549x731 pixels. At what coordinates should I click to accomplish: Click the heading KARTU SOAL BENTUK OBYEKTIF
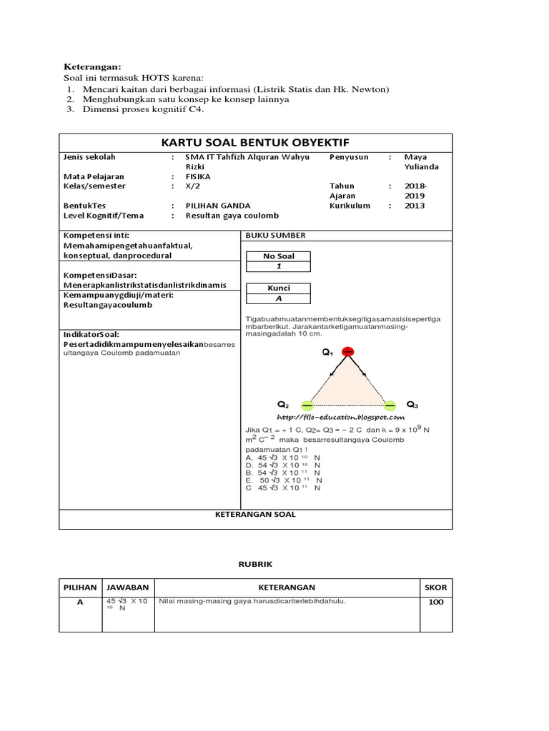pyautogui.click(x=255, y=142)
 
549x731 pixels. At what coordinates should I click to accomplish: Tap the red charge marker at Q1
pyautogui.click(x=347, y=352)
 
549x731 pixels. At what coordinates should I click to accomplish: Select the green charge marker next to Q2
pyautogui.click(x=307, y=404)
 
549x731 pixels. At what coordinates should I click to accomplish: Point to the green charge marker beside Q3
pyautogui.click(x=390, y=404)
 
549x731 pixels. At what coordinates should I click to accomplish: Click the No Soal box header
pyautogui.click(x=278, y=256)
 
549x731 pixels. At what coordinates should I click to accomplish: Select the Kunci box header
pyautogui.click(x=278, y=288)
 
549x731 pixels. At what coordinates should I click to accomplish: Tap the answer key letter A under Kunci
pyautogui.click(x=278, y=299)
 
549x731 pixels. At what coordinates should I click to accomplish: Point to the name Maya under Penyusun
pyautogui.click(x=415, y=156)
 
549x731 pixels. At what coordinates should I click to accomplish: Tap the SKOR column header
pyautogui.click(x=435, y=588)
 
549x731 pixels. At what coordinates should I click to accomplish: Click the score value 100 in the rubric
pyautogui.click(x=435, y=602)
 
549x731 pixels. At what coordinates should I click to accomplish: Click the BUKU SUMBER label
pyautogui.click(x=275, y=235)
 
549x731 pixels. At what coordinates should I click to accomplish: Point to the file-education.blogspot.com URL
pyautogui.click(x=340, y=417)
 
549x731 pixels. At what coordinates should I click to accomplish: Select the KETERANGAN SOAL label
pyautogui.click(x=255, y=514)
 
